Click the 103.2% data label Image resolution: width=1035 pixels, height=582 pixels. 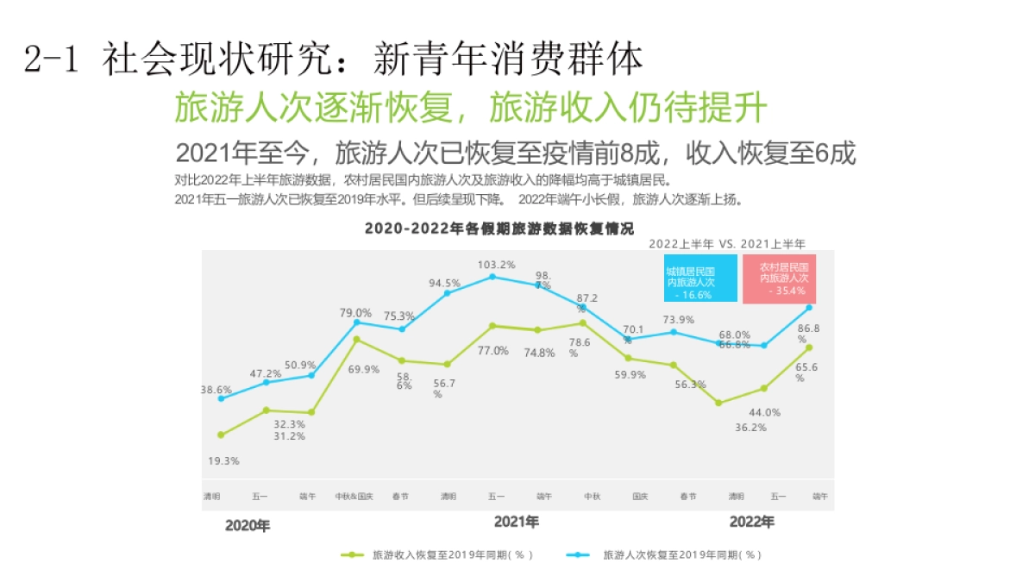coord(497,265)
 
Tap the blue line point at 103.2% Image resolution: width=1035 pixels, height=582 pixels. coord(492,277)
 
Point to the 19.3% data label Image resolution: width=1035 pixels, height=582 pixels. coord(223,461)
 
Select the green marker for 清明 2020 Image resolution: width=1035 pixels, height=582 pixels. coord(221,435)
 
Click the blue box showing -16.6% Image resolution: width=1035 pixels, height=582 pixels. coord(700,278)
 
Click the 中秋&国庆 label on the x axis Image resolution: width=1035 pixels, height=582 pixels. coord(354,497)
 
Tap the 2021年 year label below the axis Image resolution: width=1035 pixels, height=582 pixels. coord(517,522)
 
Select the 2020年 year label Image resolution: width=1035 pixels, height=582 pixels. coord(248,525)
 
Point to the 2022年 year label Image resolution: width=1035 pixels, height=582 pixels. coord(751,522)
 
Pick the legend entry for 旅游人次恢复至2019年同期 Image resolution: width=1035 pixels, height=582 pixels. coord(664,555)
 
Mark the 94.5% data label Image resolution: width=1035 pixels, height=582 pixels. coord(445,283)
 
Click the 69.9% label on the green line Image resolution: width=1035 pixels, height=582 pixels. coord(363,369)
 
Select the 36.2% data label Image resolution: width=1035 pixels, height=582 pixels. coord(750,427)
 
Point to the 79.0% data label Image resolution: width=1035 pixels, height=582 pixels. coord(355,312)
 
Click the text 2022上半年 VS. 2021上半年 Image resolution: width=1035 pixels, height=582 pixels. coord(727,244)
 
